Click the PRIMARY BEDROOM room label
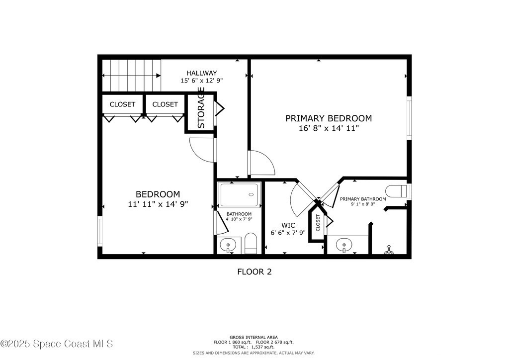click(329, 118)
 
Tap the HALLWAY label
click(202, 73)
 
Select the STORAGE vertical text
click(201, 107)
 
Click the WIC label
click(288, 225)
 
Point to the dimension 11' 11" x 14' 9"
click(158, 204)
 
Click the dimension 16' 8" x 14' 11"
click(329, 128)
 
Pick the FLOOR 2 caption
click(254, 271)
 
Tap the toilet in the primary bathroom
click(396, 191)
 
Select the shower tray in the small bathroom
click(240, 194)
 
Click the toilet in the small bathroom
click(251, 243)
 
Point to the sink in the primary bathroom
click(344, 245)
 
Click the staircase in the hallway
click(131, 76)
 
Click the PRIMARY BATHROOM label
click(363, 199)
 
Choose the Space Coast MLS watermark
click(57, 344)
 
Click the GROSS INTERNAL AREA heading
click(254, 337)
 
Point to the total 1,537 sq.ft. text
click(254, 347)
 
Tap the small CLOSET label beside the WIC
click(318, 223)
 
